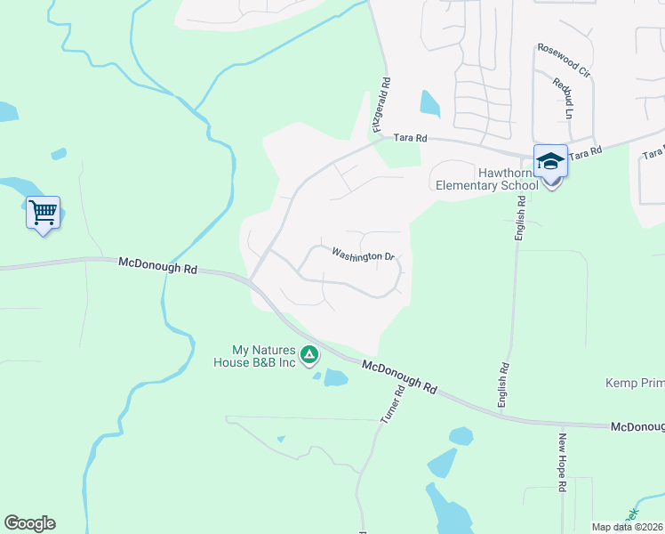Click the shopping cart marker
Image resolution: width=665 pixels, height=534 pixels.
[x=43, y=213]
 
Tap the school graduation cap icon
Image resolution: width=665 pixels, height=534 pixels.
[x=550, y=162]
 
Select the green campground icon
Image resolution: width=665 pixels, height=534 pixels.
[x=309, y=356]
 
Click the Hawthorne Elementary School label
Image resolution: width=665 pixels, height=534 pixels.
[x=486, y=179]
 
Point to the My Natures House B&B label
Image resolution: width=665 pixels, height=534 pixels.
[x=263, y=356]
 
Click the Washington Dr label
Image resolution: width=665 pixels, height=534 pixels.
[x=363, y=255]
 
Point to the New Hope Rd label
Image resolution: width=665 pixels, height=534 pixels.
[x=562, y=461]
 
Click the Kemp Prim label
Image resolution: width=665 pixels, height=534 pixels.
[x=635, y=383]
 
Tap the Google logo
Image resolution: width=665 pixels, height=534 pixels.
[x=29, y=523]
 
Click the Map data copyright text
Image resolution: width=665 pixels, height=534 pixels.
[x=628, y=527]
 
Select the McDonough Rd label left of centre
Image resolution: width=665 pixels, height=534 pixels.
[x=158, y=264]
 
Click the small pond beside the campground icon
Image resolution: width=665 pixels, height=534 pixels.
[x=335, y=377]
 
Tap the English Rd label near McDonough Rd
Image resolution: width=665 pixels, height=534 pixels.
[x=504, y=384]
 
